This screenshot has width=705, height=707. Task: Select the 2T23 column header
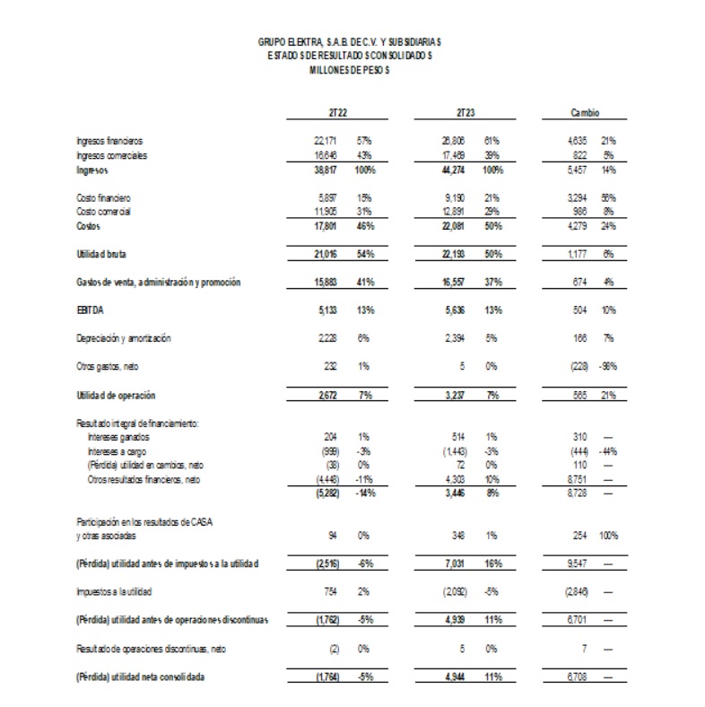click(465, 113)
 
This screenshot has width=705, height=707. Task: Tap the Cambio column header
click(585, 113)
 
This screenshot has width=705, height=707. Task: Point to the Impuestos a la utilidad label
click(112, 591)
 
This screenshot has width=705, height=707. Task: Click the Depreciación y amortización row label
click(123, 338)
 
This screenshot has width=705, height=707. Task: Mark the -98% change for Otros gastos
click(609, 367)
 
